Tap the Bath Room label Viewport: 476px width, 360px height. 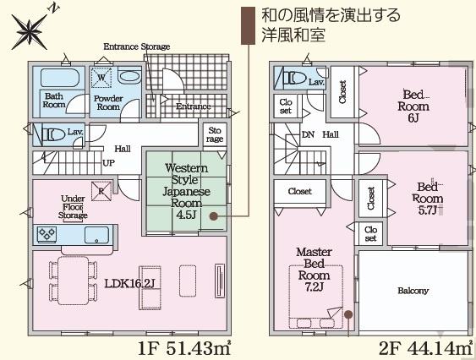[x=54, y=101]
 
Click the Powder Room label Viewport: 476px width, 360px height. [x=107, y=102]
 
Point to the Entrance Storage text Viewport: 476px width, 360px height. [x=136, y=46]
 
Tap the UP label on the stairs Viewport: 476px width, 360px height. [x=109, y=162]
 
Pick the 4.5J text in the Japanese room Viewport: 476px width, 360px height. [x=186, y=213]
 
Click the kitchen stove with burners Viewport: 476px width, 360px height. [x=47, y=234]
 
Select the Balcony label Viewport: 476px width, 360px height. [x=413, y=291]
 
